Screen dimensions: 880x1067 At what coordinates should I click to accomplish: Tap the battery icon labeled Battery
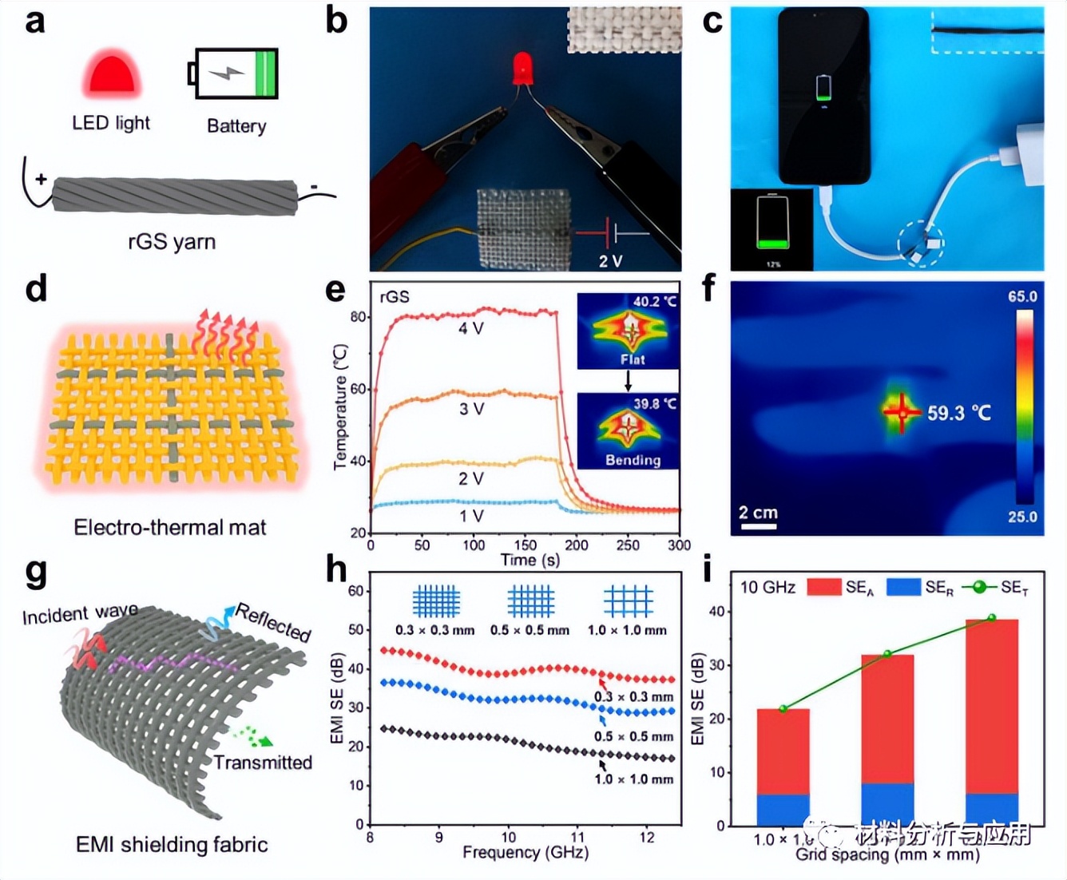point(235,74)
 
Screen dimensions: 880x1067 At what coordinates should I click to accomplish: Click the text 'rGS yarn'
point(172,242)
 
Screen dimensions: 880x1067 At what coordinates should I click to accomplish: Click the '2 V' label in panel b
point(611,261)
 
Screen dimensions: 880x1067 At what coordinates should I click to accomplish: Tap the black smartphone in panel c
point(823,96)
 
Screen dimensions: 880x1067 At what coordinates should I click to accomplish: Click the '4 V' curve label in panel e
point(470,328)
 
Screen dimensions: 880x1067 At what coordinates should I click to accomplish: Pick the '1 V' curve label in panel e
point(470,516)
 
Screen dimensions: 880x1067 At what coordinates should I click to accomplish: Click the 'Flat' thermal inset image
point(628,331)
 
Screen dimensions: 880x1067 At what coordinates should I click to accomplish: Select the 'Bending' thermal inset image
point(628,431)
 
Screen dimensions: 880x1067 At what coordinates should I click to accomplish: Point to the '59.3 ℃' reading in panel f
point(958,413)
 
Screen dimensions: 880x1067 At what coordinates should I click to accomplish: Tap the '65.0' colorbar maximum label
point(1022,297)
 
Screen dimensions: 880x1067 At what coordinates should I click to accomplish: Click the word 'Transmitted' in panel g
point(263,763)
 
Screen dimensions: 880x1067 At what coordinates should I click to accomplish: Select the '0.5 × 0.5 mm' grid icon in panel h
point(531,601)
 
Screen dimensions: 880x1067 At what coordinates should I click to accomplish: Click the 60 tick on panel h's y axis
point(356,591)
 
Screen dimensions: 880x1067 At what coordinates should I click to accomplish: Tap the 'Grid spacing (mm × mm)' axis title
point(887,855)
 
